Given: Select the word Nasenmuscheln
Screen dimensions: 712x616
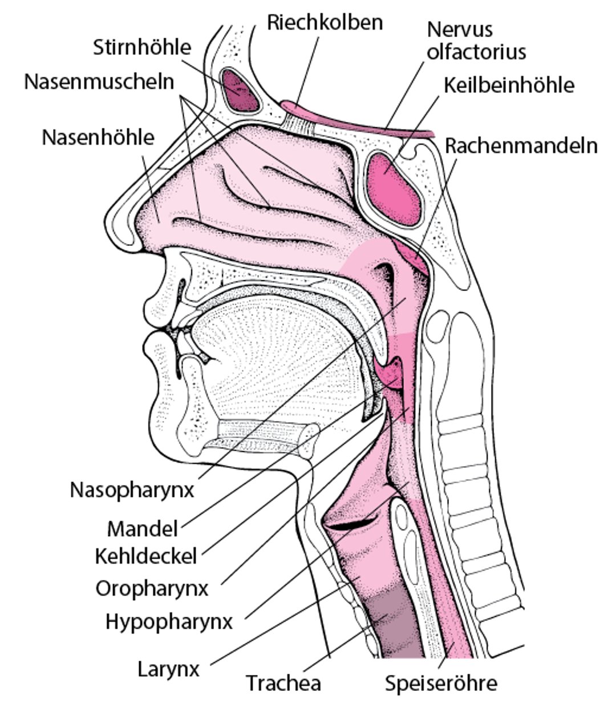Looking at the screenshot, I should (x=99, y=82).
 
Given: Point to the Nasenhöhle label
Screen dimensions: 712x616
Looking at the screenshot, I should (x=98, y=137).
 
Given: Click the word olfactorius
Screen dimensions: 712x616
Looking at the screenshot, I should (x=476, y=52).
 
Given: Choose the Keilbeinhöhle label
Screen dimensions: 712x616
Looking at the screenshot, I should (x=509, y=85).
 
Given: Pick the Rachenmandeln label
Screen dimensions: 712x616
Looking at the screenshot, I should (x=521, y=145).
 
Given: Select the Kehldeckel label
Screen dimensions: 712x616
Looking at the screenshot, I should (x=146, y=555).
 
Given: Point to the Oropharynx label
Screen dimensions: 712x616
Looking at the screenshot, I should (x=152, y=588).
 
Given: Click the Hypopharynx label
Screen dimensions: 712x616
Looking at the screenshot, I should (x=169, y=621).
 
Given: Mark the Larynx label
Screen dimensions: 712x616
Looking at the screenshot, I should (x=169, y=668).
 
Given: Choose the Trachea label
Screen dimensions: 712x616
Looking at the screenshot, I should (x=283, y=682).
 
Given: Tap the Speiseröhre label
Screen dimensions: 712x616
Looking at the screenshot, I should (x=441, y=682).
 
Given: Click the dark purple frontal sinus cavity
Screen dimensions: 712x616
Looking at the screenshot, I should (x=240, y=90).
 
